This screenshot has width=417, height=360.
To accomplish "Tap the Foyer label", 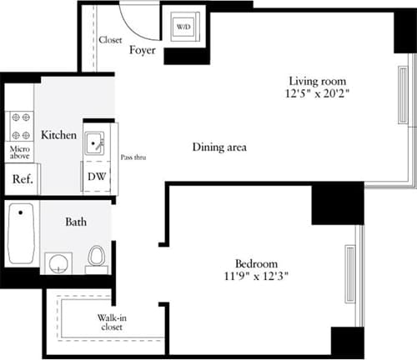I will click(x=144, y=50).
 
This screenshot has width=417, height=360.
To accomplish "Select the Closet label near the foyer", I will click(x=110, y=39).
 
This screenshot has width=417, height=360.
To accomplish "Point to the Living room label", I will click(x=318, y=81).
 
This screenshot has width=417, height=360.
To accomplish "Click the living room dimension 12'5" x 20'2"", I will click(x=318, y=94).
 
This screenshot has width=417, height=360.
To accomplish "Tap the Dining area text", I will click(x=219, y=147).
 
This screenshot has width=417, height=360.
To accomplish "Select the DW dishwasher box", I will click(x=96, y=177).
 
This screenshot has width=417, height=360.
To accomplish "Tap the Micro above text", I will click(x=20, y=152).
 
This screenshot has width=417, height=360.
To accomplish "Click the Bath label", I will click(x=78, y=222).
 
